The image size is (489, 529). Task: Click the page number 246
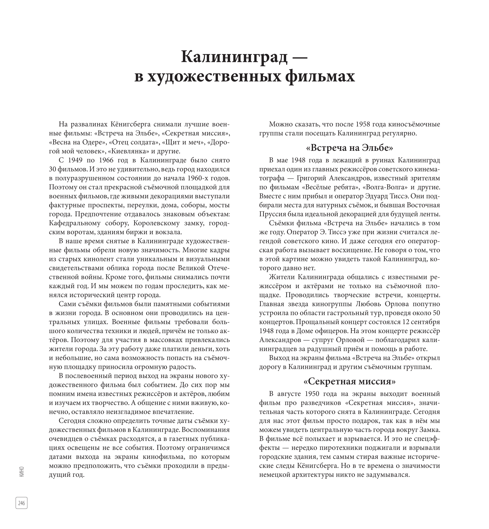click(x=21, y=503)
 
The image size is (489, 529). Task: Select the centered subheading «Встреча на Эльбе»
click(x=349, y=148)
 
